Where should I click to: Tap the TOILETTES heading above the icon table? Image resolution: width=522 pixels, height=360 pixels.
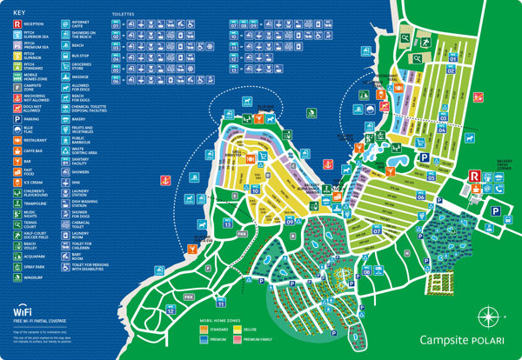(x=124, y=15)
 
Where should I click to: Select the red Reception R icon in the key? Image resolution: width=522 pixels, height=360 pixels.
(x=17, y=26)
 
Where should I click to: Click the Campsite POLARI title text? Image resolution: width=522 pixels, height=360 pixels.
(x=461, y=341)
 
